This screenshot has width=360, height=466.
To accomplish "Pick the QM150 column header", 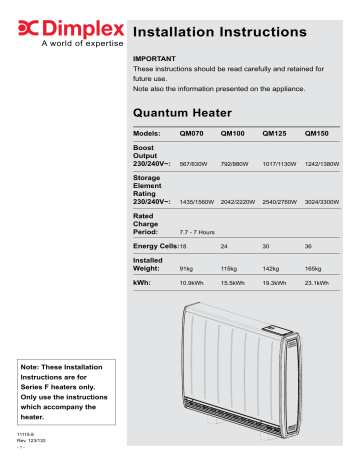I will [x=316, y=132].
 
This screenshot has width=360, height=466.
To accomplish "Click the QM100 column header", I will [x=232, y=132].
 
